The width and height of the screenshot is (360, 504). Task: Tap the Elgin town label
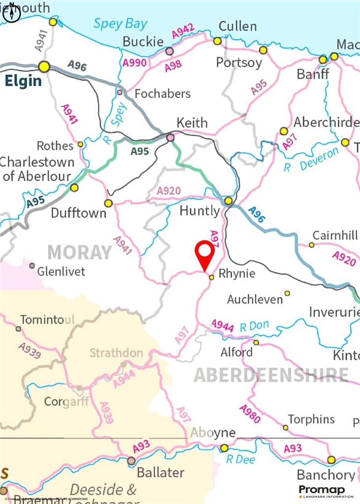[23, 81]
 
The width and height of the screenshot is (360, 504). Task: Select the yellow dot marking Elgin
[44, 66]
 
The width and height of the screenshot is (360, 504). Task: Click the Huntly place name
[199, 211]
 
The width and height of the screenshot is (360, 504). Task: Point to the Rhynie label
[236, 273]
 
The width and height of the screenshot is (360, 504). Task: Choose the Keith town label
[193, 123]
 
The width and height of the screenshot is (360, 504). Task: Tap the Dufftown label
[79, 213]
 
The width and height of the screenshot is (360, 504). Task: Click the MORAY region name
[79, 252]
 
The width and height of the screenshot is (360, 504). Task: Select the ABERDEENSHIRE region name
[271, 375]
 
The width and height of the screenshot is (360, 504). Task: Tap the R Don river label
[254, 326]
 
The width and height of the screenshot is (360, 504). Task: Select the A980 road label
[250, 414]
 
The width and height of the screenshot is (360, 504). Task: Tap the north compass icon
[11, 14]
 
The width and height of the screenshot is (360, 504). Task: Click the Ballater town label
[160, 472]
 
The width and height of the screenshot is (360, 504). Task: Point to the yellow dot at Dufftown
[108, 203]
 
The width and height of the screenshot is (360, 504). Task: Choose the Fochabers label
[163, 94]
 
